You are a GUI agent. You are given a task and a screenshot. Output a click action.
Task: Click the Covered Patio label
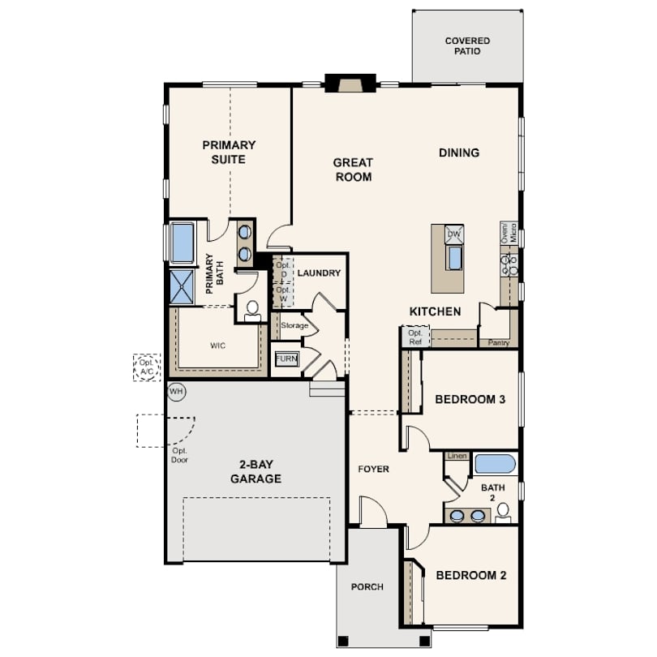467,46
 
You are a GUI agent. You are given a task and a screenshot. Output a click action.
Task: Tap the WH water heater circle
176,392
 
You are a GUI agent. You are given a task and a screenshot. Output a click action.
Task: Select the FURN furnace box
287,359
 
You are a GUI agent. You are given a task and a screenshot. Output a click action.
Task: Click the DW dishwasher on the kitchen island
453,234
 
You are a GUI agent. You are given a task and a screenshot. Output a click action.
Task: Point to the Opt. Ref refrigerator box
415,337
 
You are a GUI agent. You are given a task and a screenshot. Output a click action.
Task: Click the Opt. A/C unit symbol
147,367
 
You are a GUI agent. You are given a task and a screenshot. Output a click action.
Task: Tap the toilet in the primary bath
252,311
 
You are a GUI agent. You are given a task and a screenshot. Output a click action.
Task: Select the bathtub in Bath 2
495,464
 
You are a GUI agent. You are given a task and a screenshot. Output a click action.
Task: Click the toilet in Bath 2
503,513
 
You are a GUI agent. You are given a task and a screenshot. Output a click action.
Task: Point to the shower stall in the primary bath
182,286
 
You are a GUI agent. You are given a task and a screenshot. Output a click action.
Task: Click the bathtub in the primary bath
182,243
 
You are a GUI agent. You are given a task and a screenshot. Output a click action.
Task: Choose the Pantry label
498,343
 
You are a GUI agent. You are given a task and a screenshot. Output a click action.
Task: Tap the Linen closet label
457,456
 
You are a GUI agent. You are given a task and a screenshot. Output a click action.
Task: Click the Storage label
294,325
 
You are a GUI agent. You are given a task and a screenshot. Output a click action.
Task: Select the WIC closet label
217,346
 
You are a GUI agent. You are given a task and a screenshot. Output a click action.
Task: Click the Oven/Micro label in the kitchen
509,233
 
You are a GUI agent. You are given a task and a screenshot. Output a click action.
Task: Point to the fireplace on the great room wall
350,83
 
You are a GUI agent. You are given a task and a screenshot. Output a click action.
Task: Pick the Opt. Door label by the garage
179,456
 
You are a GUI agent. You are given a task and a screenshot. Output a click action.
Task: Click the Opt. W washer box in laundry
283,294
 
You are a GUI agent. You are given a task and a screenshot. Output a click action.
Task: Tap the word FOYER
373,470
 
